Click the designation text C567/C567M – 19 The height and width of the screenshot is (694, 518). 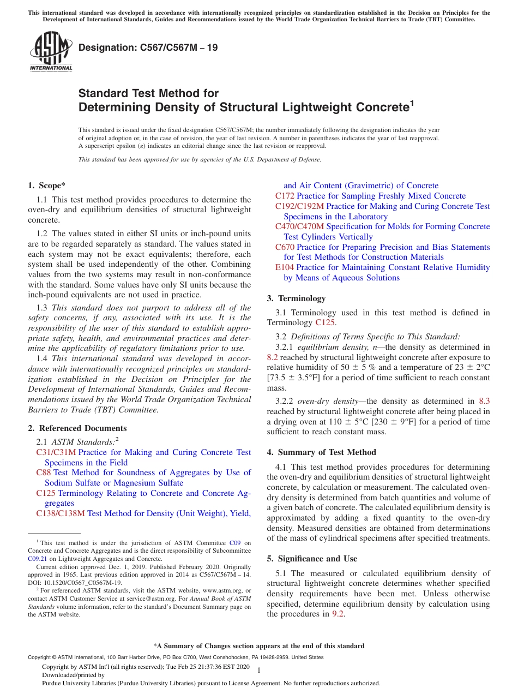[x=148, y=47]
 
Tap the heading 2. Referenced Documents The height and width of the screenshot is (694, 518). [x=77, y=428]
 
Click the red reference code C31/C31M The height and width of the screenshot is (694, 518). [x=56, y=452]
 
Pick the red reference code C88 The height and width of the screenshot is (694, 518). [x=44, y=472]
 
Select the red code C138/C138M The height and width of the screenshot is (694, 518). [x=61, y=513]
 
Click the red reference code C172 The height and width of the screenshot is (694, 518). [x=285, y=196]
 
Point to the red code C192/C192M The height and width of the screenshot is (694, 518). [x=299, y=206]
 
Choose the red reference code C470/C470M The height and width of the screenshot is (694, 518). [x=299, y=226]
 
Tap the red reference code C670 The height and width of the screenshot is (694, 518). [x=285, y=247]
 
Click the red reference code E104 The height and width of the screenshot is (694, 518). [x=285, y=267]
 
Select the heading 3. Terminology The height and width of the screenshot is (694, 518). [x=296, y=298]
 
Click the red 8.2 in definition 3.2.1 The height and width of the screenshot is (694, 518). [x=273, y=357]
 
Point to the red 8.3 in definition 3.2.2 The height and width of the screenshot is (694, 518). [x=484, y=401]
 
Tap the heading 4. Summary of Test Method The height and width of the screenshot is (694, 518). [x=321, y=452]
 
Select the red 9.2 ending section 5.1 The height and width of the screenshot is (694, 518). [x=338, y=614]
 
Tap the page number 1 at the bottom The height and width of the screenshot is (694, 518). [x=259, y=670]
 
